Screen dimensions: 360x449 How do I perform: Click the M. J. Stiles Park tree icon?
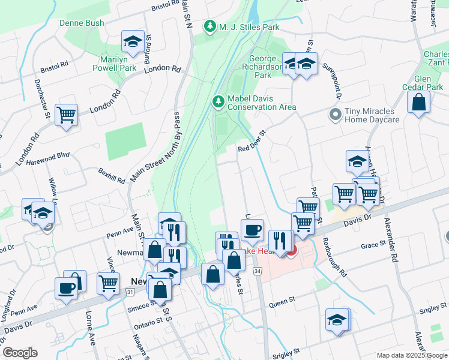coord(210,26)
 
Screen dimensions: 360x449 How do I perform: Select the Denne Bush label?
coord(82,23)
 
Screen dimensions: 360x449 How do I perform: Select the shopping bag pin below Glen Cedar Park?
coord(418,102)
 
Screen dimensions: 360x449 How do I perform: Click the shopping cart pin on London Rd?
coord(66,114)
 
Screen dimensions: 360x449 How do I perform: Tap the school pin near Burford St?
coord(132,41)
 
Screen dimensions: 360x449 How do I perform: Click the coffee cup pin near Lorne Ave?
coord(66,287)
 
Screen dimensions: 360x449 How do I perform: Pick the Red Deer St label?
coord(252,142)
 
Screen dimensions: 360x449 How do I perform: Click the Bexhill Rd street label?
coord(112,175)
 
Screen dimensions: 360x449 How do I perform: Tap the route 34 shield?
coord(258,272)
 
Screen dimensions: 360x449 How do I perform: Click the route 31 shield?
coord(130,292)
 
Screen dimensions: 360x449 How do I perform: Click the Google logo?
coord(20,353)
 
